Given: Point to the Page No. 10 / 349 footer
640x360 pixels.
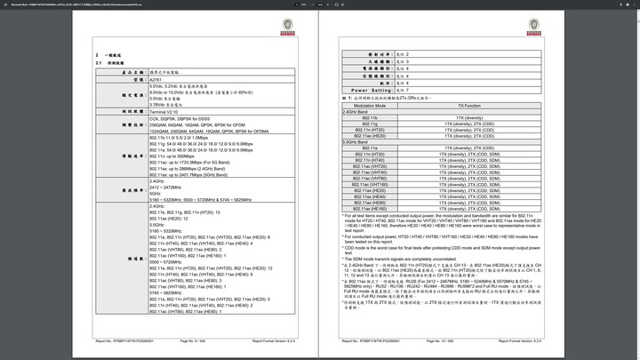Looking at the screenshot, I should click(x=441, y=340).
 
